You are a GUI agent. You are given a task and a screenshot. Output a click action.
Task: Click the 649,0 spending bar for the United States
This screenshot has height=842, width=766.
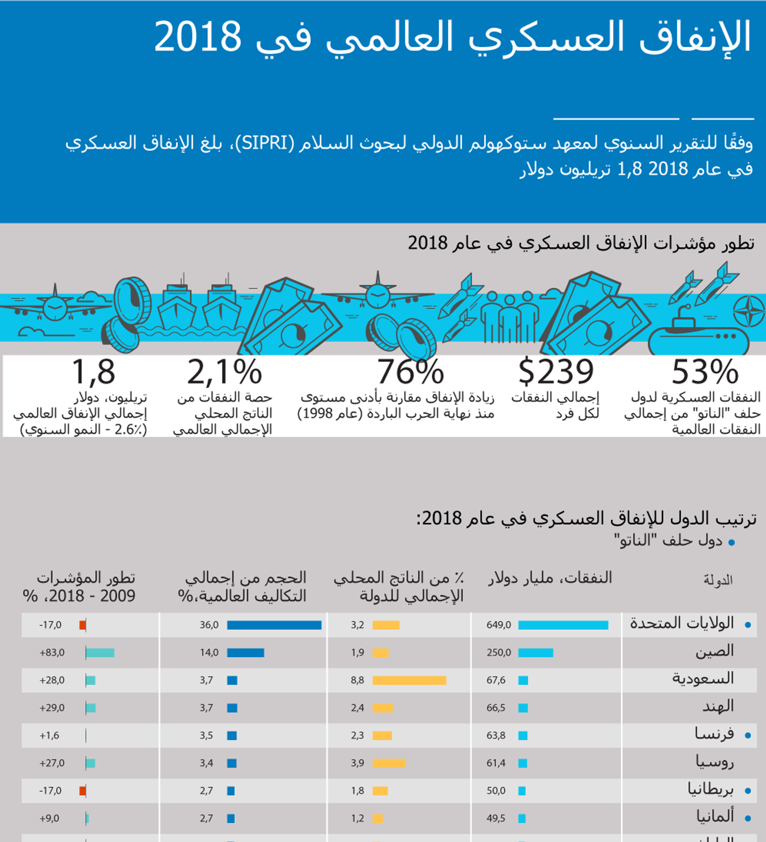coord(563,625)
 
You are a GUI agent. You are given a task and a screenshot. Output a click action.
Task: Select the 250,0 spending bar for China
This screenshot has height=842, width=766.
coord(535,653)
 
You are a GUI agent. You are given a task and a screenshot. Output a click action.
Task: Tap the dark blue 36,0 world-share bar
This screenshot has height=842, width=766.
coord(274,625)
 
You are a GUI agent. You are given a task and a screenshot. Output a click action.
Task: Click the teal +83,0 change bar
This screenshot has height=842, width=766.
coord(100,653)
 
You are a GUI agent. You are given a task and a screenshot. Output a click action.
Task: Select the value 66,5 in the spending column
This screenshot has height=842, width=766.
coord(496,708)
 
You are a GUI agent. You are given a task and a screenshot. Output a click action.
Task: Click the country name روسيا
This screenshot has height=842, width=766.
coord(715,762)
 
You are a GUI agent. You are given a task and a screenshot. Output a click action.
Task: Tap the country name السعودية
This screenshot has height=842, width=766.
coord(703,679)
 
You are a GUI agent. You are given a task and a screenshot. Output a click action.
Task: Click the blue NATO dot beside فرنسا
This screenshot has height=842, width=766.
coord(748,736)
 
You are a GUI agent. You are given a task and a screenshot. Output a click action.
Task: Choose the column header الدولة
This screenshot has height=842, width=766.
coord(718,580)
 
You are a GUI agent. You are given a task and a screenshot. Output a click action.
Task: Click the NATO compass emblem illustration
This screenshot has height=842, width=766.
coord(749,311)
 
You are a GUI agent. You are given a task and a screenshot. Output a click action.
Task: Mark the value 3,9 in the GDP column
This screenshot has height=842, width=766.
coord(357,763)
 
